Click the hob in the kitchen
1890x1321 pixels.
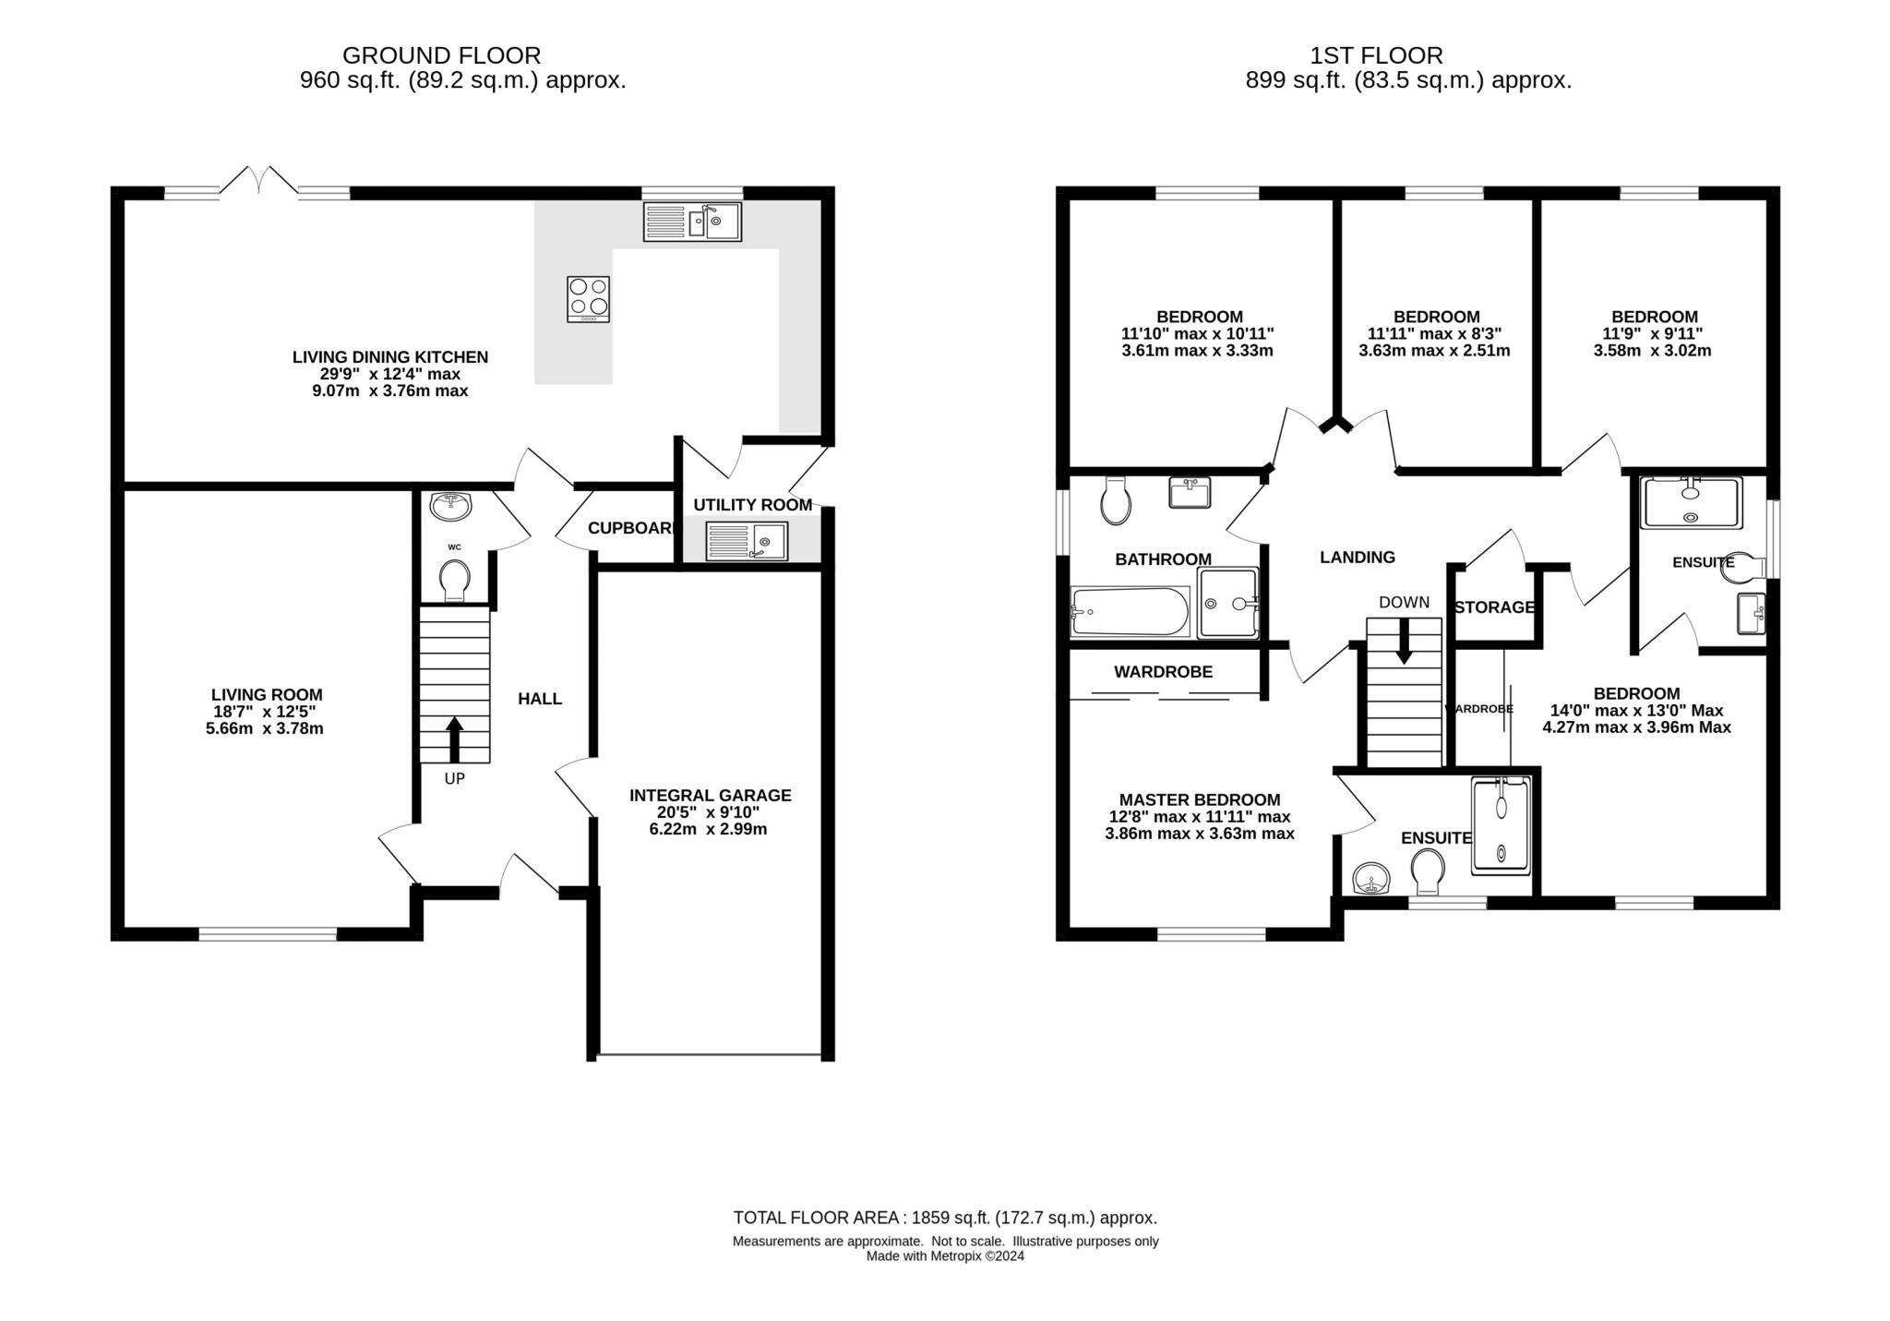pos(588,299)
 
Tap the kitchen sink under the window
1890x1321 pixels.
pos(692,222)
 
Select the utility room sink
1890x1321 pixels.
pos(747,541)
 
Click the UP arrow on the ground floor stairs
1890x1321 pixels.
pos(454,739)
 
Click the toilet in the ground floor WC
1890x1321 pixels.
pos(454,582)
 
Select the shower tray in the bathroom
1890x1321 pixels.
pos(1227,603)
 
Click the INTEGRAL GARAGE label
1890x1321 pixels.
pos(710,795)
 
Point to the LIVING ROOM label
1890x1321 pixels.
pos(267,694)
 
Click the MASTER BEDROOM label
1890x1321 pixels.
pos(1199,799)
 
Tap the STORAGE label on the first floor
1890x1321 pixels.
pos(1494,607)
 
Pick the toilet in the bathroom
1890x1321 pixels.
pos(1116,501)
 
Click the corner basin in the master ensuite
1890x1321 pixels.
pos(1371,879)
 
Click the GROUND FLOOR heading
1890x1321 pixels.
pos(441,55)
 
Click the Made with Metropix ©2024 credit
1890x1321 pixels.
pos(945,1256)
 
